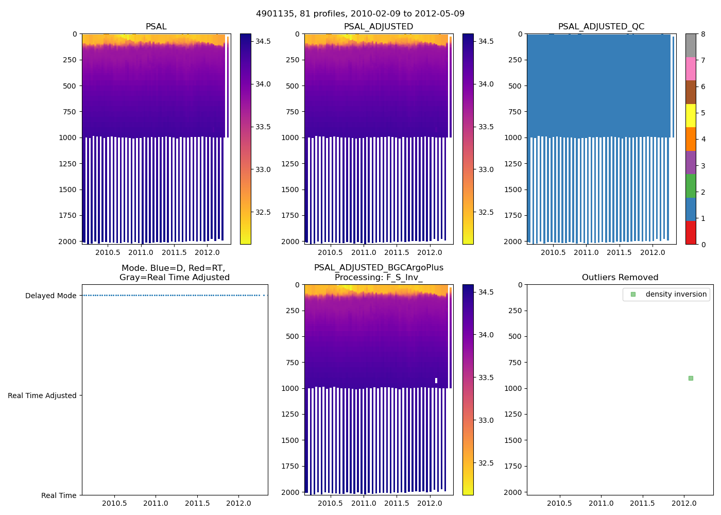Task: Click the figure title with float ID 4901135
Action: click(360, 14)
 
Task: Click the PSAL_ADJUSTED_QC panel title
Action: click(601, 27)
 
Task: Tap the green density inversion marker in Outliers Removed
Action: click(691, 378)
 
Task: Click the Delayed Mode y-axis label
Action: click(50, 296)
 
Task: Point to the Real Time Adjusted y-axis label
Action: click(42, 396)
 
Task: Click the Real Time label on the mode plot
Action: click(59, 495)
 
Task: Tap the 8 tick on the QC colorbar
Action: click(703, 34)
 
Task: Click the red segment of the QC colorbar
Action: click(691, 233)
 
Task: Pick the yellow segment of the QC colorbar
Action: click(691, 115)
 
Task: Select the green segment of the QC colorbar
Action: click(691, 185)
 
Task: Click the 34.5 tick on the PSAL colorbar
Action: click(263, 41)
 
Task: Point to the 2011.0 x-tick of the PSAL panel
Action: click(141, 252)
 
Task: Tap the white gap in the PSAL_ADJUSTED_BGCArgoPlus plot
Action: click(436, 381)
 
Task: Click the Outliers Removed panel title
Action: click(620, 278)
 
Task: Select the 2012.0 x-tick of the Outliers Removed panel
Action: click(684, 503)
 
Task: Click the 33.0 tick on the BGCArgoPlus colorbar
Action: click(486, 420)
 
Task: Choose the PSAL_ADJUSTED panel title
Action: click(379, 27)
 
